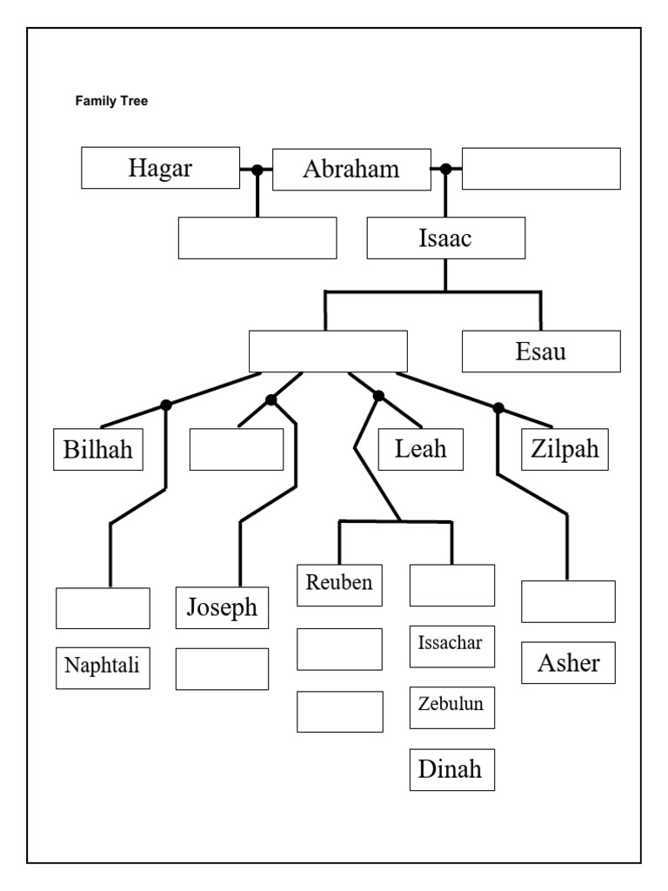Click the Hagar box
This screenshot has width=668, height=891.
(x=160, y=168)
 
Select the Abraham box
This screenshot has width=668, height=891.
(x=351, y=169)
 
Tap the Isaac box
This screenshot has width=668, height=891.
(x=445, y=238)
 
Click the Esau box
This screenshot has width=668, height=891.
(x=540, y=352)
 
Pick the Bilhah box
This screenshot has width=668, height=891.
(x=98, y=450)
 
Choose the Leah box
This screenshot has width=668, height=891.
(x=420, y=450)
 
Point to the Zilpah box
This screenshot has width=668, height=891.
(x=564, y=450)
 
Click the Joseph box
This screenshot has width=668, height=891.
(x=222, y=607)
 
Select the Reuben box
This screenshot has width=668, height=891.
(x=339, y=583)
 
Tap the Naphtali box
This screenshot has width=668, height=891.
(x=103, y=667)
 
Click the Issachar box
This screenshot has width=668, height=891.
(x=451, y=646)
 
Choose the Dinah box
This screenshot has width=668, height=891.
(x=451, y=769)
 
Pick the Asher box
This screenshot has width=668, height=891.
(x=568, y=663)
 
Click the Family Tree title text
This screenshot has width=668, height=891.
(x=111, y=102)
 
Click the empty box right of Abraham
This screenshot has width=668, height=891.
(x=540, y=169)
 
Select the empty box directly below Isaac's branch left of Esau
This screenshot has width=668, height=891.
(x=328, y=352)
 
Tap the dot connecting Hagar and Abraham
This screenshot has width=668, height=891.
(x=257, y=171)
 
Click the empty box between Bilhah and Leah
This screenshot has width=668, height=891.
(x=237, y=450)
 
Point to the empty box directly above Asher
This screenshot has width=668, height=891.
(x=568, y=601)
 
